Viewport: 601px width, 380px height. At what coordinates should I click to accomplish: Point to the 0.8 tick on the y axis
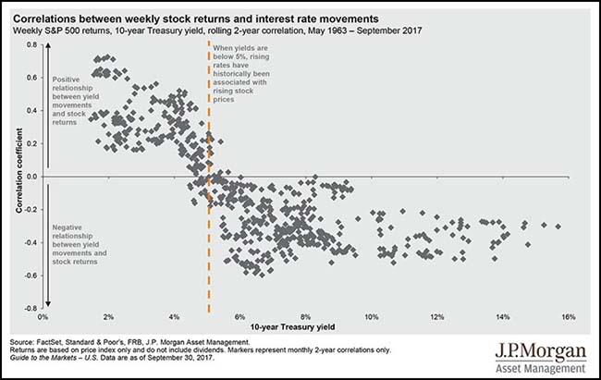pyautogui.click(x=31, y=44)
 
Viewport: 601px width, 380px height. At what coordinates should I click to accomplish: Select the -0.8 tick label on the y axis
pyautogui.click(x=31, y=308)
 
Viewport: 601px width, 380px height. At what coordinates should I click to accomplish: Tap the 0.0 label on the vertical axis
pyautogui.click(x=31, y=176)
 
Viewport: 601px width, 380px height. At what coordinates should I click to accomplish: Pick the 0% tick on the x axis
pyautogui.click(x=43, y=318)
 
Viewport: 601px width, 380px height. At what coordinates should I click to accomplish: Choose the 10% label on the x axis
pyautogui.click(x=371, y=318)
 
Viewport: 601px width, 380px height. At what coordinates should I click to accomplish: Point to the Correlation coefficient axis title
pyautogui.click(x=18, y=176)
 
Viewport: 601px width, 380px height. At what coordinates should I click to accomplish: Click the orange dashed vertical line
pyautogui.click(x=208, y=231)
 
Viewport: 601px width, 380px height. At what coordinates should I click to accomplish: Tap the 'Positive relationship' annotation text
pyautogui.click(x=77, y=100)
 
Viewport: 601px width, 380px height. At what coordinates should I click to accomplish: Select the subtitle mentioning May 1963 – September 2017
pyautogui.click(x=211, y=31)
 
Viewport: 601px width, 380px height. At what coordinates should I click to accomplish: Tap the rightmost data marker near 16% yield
pyautogui.click(x=558, y=226)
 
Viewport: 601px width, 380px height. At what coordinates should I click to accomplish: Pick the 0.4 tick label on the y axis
pyautogui.click(x=31, y=110)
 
